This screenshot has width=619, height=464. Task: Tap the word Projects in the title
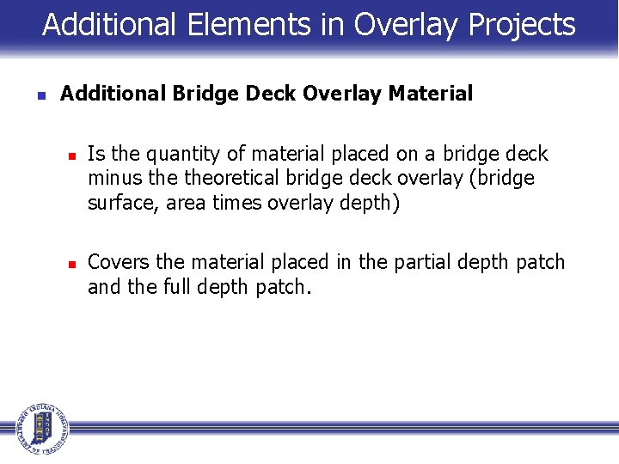pos(522,25)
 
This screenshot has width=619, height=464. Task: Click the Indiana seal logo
pos(40,427)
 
